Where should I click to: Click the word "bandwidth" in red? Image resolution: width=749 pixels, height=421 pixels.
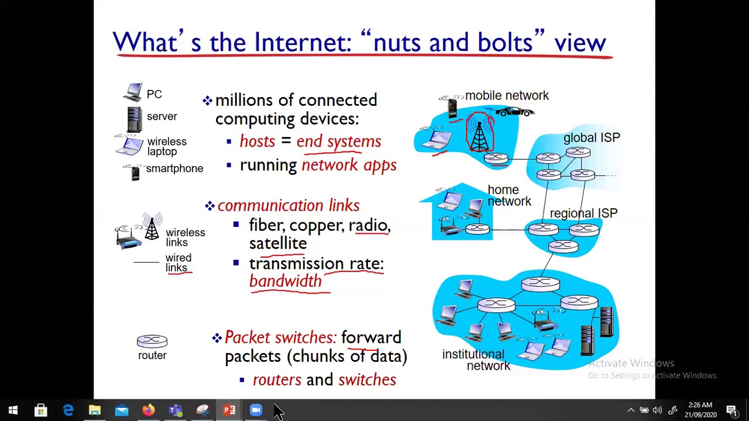(x=286, y=281)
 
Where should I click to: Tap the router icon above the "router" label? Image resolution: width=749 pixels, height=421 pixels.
(x=152, y=341)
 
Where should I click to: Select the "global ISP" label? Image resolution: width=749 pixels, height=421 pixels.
(x=592, y=138)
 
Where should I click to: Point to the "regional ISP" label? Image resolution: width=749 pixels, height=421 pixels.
(x=583, y=213)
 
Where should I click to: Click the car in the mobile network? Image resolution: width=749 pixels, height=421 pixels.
(x=514, y=111)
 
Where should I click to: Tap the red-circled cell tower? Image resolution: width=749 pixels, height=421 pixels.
(x=480, y=133)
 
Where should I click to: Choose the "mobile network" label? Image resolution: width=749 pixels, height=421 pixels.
(x=507, y=96)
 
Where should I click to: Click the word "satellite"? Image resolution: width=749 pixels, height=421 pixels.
(x=278, y=243)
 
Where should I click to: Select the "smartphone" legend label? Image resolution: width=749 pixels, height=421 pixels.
(x=174, y=168)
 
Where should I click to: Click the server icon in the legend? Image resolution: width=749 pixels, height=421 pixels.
(x=134, y=119)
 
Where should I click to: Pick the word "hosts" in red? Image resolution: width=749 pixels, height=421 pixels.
(x=257, y=142)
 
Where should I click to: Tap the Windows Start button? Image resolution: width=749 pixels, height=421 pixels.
(x=13, y=410)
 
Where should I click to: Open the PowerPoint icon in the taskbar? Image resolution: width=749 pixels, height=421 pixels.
(x=229, y=410)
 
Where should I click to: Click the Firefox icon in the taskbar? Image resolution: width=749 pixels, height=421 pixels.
(x=148, y=410)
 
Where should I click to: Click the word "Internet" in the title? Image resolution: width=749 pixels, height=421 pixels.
(x=302, y=43)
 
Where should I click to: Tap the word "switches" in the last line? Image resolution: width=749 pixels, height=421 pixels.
(x=367, y=380)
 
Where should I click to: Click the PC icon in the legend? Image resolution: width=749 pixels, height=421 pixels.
(x=133, y=92)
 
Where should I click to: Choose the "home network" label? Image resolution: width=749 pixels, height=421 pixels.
(x=509, y=196)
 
